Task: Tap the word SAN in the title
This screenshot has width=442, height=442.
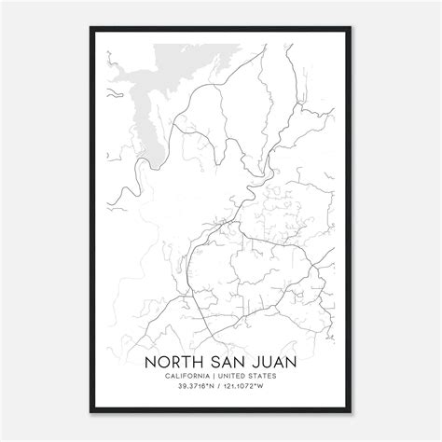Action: point(221,362)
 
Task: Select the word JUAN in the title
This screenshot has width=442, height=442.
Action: point(269,362)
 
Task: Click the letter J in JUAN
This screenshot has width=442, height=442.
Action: point(249,362)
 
